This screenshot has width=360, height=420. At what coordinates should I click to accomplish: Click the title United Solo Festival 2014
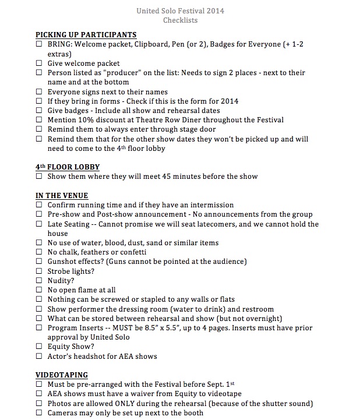point(180,10)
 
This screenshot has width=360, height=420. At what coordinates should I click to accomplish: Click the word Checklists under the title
point(180,20)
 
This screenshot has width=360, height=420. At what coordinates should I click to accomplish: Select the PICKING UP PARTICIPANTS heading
point(86,35)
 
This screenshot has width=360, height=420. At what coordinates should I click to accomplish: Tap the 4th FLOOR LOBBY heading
point(68,167)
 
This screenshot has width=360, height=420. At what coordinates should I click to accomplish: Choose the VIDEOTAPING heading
point(62,375)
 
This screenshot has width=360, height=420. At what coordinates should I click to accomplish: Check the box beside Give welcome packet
point(39,63)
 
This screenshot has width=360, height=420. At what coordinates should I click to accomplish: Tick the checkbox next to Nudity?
point(39,281)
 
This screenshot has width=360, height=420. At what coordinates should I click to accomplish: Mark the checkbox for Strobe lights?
point(39,271)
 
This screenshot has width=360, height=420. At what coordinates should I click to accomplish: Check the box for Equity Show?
point(39,347)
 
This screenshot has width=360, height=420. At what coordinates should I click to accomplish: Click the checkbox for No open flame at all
point(39,290)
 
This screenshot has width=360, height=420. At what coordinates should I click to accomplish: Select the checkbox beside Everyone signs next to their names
point(39,92)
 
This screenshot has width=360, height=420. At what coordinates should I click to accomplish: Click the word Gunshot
point(63,262)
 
